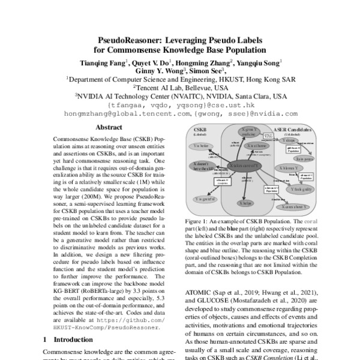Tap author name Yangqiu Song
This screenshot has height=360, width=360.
pos(259,62)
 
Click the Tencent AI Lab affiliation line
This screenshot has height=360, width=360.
pos(180,87)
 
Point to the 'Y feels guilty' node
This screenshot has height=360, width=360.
pos(299,189)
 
